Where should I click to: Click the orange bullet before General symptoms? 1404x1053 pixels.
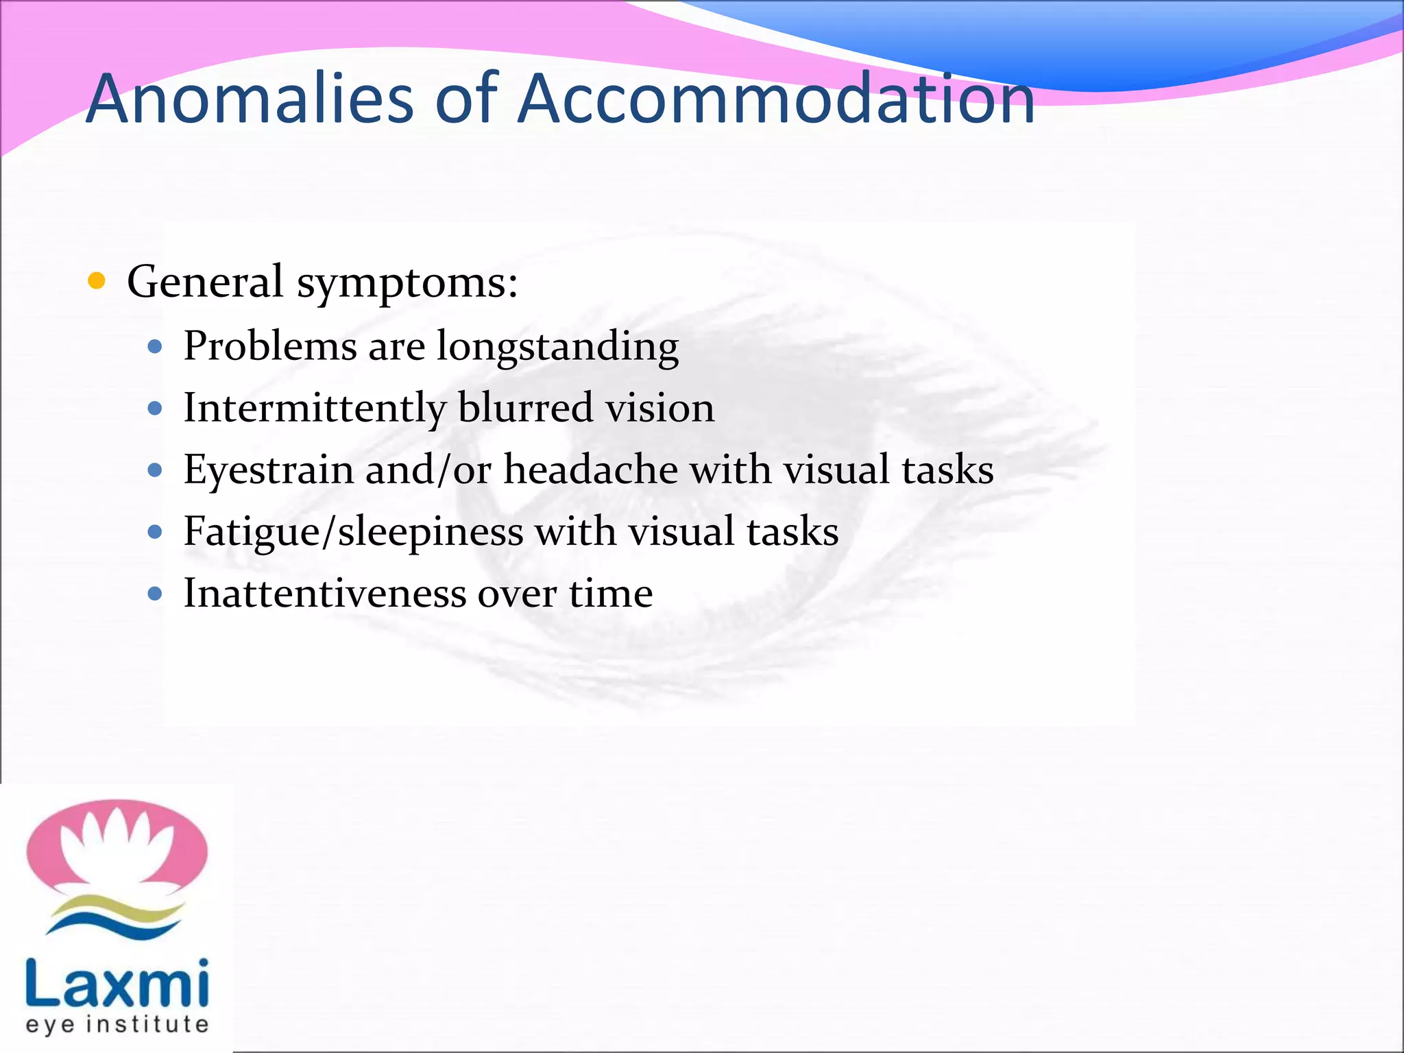click(97, 281)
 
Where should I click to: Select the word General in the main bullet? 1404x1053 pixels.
click(205, 282)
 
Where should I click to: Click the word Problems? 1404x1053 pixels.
click(270, 346)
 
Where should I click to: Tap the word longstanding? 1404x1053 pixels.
click(557, 347)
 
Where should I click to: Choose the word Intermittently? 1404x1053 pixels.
click(315, 408)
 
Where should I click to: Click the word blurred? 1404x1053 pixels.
click(525, 408)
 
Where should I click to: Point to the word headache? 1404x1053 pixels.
click(590, 470)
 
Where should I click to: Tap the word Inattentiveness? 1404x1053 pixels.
click(325, 593)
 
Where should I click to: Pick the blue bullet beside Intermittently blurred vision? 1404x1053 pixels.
click(155, 409)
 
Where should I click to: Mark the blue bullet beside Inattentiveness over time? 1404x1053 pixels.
click(155, 594)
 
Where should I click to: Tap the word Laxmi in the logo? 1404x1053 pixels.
click(117, 983)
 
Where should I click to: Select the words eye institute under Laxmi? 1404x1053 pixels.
click(117, 1025)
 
